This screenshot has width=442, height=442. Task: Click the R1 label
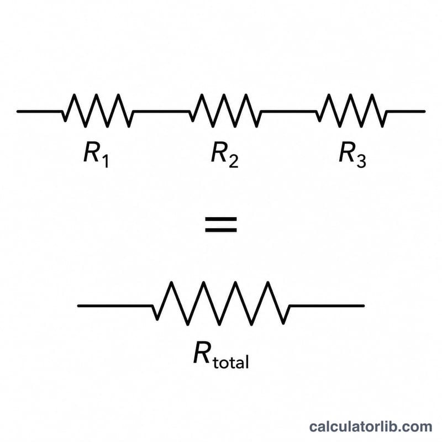(96, 155)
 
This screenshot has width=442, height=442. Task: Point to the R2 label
(225, 155)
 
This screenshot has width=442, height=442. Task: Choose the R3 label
(352, 155)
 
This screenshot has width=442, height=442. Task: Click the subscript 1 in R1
(105, 161)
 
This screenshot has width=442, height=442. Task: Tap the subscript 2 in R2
(233, 161)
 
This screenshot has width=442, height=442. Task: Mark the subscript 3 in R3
(361, 161)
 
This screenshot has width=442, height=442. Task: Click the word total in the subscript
(231, 361)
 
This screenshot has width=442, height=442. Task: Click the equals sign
(220, 224)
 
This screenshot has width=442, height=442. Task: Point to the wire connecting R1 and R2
(161, 112)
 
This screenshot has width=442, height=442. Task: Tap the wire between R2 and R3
(289, 112)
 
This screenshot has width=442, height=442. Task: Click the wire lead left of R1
(39, 112)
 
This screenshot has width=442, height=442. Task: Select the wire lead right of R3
(406, 112)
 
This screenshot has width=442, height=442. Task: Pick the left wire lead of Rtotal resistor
(115, 306)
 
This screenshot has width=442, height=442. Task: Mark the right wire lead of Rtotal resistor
(327, 306)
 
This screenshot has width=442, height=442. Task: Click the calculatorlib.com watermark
(370, 427)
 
